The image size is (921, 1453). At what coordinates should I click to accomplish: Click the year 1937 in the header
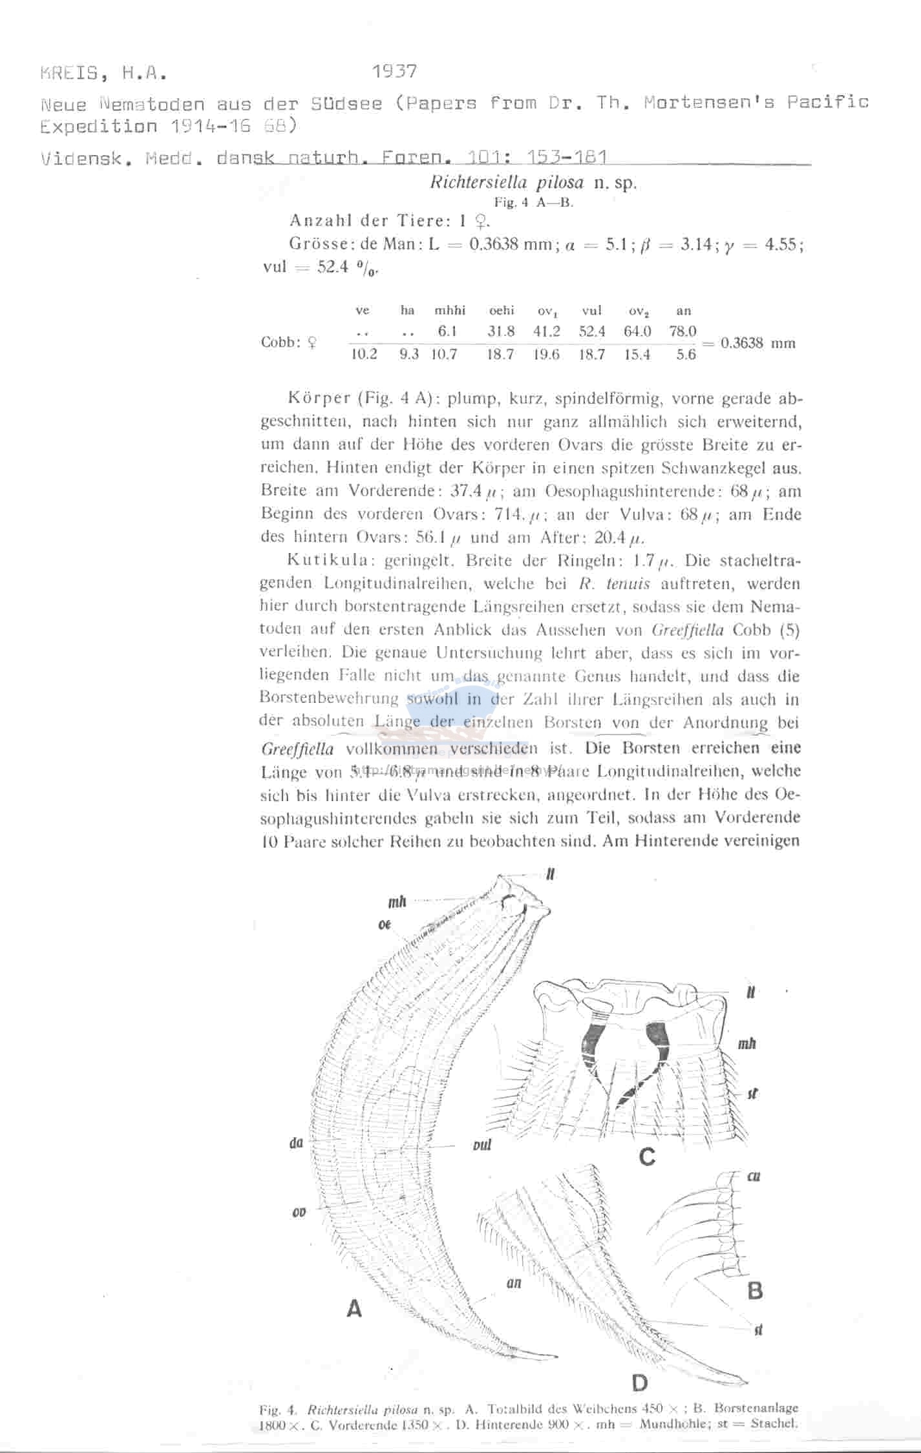(395, 71)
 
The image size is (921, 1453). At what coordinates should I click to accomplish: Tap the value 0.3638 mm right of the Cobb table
(757, 343)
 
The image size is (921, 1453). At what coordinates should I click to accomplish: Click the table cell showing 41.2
(546, 331)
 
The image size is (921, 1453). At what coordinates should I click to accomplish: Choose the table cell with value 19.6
(546, 355)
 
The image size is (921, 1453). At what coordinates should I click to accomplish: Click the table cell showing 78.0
(683, 331)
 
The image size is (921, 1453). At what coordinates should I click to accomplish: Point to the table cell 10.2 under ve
(364, 355)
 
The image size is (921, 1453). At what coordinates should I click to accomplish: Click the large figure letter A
(354, 1309)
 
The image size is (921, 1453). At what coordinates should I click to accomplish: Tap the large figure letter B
(754, 1291)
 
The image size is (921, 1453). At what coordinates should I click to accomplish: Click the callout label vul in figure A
(479, 1145)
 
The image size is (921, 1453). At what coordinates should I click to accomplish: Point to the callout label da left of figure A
(297, 1142)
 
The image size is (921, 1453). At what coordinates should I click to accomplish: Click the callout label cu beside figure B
(753, 1176)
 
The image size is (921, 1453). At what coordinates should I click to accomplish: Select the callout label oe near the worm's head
(385, 925)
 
